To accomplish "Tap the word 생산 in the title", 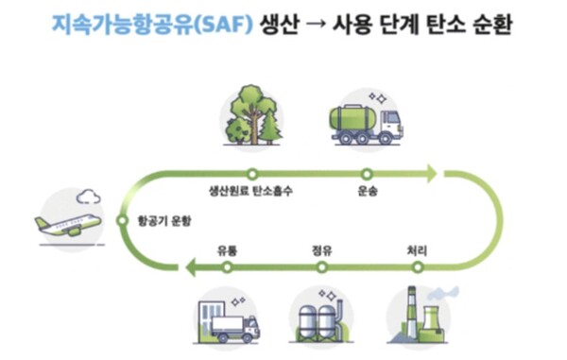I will click(x=283, y=23).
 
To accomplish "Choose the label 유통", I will click(x=227, y=250).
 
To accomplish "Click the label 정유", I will click(x=321, y=250).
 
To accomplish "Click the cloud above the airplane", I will click(x=88, y=197).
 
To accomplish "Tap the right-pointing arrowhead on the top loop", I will click(x=430, y=174).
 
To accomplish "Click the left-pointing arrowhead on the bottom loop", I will click(x=191, y=268).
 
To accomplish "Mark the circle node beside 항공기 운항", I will click(x=122, y=220).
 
